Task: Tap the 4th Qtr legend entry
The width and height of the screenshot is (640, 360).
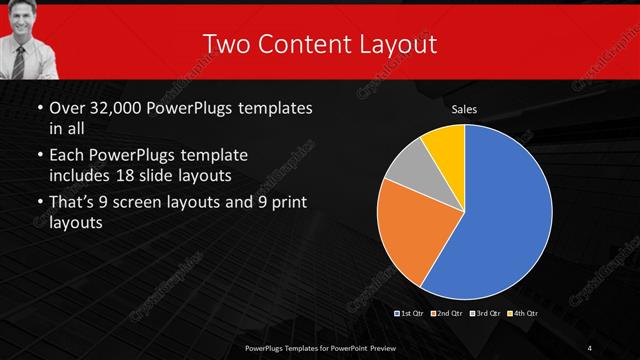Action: click(521, 313)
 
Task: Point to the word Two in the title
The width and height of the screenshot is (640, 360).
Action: click(224, 44)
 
